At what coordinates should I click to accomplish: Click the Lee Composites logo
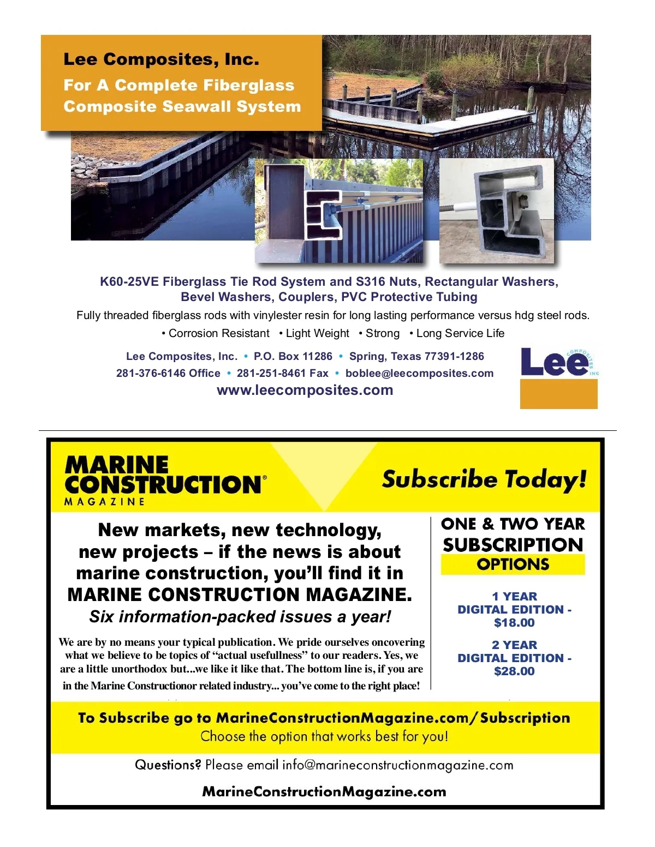[x=558, y=377]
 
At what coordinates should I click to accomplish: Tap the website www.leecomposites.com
[x=305, y=390]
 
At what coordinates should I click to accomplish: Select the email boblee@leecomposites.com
[x=419, y=373]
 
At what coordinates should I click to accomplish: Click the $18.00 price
[x=514, y=623]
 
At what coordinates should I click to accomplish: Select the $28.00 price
[x=514, y=671]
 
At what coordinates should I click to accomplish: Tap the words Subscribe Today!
[x=484, y=479]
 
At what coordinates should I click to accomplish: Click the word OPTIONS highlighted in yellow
[x=513, y=564]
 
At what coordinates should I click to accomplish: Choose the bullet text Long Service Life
[x=460, y=333]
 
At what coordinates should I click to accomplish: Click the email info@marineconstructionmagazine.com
[x=397, y=765]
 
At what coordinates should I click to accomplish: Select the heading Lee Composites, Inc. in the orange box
[x=161, y=59]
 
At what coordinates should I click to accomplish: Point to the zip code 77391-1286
[x=454, y=356]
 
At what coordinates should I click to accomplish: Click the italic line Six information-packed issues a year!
[x=240, y=617]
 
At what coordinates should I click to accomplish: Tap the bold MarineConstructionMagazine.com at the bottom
[x=324, y=791]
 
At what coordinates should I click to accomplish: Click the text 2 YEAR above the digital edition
[x=514, y=645]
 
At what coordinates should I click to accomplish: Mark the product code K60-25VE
[x=129, y=281]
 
